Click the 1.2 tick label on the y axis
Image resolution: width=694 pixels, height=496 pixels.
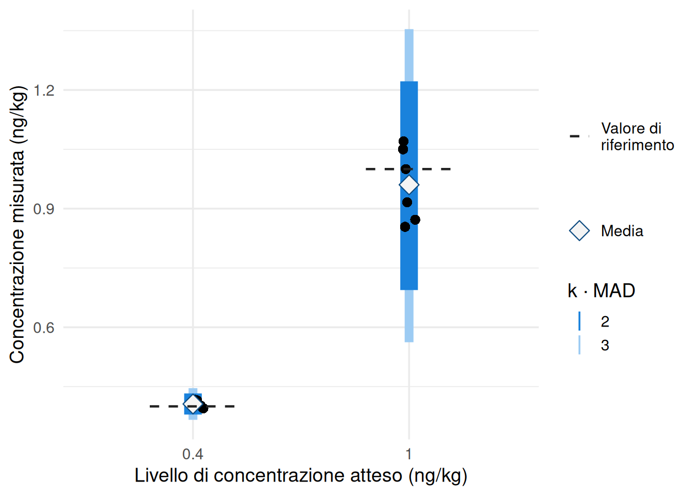point(44,90)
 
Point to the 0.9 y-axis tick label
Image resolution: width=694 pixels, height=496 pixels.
point(44,209)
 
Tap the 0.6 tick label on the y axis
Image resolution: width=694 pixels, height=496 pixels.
point(44,328)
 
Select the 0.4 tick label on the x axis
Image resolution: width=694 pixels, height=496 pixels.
point(193,454)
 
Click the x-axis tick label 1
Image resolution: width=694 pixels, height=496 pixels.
point(409,454)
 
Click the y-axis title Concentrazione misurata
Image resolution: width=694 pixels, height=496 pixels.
point(17,225)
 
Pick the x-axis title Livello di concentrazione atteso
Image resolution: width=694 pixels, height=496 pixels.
point(301,475)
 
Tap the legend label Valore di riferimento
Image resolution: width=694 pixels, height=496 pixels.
point(637,136)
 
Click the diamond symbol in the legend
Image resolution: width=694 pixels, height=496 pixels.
point(579,231)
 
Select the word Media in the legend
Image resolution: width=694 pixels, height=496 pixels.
point(622,231)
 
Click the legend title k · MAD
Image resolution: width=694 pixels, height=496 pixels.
point(601,291)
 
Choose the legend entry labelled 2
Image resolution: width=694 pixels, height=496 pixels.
point(605,321)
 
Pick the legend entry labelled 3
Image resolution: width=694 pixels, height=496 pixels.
point(605,345)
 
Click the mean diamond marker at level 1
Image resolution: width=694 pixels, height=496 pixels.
point(409,184)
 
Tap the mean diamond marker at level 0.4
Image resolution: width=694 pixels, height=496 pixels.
point(193,403)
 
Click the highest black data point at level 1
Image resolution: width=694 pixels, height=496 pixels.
point(403,142)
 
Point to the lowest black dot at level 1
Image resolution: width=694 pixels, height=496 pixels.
point(405,227)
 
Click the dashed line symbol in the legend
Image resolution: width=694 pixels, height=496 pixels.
point(579,136)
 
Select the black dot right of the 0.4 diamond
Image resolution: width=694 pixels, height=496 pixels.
point(203,408)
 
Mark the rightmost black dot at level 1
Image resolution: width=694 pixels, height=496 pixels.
point(415,220)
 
